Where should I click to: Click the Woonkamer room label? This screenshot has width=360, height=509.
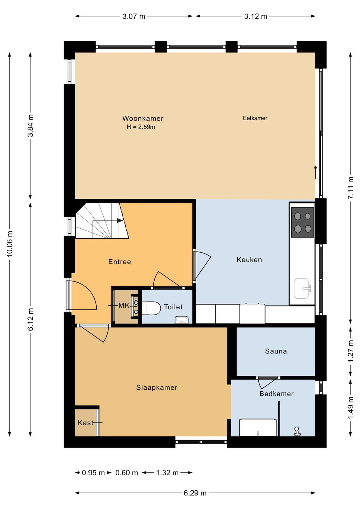(143, 118)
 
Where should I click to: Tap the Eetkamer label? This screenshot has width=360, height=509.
(255, 118)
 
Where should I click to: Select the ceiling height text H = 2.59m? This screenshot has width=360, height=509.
(141, 127)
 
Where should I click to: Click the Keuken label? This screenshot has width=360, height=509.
(249, 260)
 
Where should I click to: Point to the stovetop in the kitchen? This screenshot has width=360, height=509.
(302, 222)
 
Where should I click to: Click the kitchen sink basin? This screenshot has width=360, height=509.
(301, 288)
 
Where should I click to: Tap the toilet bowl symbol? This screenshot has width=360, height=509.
(151, 308)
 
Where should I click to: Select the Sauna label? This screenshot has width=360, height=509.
(276, 351)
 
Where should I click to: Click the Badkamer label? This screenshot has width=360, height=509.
(276, 394)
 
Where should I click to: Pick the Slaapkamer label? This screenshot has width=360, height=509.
(156, 387)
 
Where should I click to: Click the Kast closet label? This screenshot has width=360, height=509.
(86, 423)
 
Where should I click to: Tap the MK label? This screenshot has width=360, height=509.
(124, 305)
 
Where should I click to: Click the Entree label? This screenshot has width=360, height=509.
(120, 262)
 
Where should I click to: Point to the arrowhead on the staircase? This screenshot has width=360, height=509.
(120, 220)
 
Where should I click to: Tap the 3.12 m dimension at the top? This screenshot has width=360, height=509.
(255, 16)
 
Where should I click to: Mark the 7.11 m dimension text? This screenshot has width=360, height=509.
(351, 188)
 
